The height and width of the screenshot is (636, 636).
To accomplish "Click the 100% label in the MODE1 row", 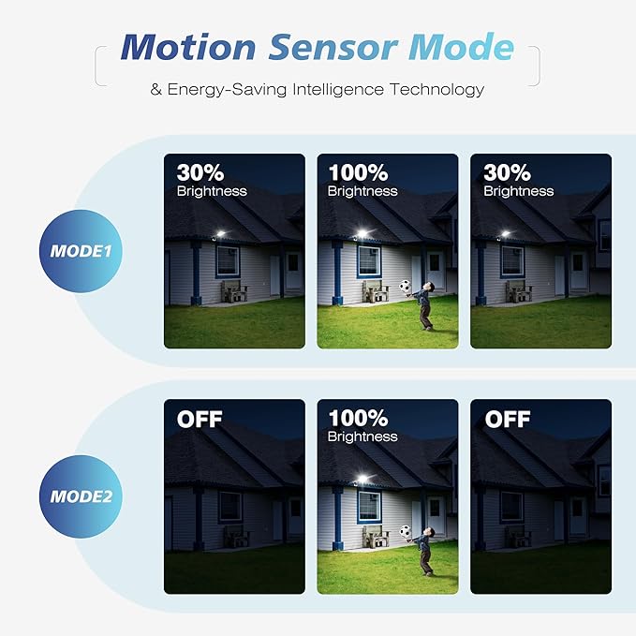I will pyautogui.click(x=358, y=173).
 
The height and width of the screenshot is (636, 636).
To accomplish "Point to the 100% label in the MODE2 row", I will pyautogui.click(x=358, y=419).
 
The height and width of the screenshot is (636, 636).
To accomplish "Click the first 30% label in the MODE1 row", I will pyautogui.click(x=200, y=173).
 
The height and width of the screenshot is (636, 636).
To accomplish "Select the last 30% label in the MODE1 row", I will pyautogui.click(x=507, y=173).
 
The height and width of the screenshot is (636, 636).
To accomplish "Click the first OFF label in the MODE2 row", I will pyautogui.click(x=200, y=419).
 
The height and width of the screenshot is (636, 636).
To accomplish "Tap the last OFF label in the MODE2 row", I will pyautogui.click(x=508, y=419).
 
